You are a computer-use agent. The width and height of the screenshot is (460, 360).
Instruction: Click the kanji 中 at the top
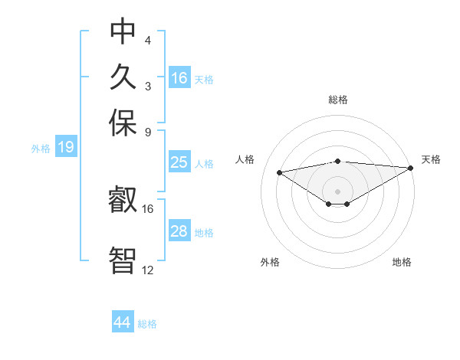coord(123,32)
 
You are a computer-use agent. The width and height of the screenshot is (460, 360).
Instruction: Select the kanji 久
coord(123,77)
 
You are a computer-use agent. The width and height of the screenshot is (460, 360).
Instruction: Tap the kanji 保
coord(123,122)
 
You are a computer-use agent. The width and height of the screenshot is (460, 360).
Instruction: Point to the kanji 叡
coord(123,201)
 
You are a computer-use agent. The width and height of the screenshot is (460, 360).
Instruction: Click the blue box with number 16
coord(179,78)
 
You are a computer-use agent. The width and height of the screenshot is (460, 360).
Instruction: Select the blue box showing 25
coord(179,162)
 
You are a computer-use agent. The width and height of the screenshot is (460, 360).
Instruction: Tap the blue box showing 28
coord(179,231)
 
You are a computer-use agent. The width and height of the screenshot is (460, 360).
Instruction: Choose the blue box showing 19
coord(66,148)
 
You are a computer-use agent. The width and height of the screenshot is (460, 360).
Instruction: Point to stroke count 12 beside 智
coord(148,270)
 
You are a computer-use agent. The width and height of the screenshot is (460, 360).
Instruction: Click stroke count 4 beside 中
coord(148,40)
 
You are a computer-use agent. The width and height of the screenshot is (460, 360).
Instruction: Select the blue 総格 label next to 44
coord(147,324)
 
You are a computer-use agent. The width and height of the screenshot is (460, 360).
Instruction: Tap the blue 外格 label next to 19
coord(41,149)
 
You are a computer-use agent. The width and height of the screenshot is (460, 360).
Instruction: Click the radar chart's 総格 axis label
coord(337,100)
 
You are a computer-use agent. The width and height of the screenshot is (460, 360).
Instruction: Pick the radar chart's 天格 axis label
coord(431,159)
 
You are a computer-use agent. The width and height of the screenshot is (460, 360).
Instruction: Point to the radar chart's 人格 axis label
coord(245,159)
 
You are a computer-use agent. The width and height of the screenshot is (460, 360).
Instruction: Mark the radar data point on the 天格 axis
coord(411,168)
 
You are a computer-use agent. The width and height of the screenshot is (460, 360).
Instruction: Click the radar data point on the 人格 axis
coord(280,172)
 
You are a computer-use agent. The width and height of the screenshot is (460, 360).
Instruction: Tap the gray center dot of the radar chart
coord(337,190)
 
